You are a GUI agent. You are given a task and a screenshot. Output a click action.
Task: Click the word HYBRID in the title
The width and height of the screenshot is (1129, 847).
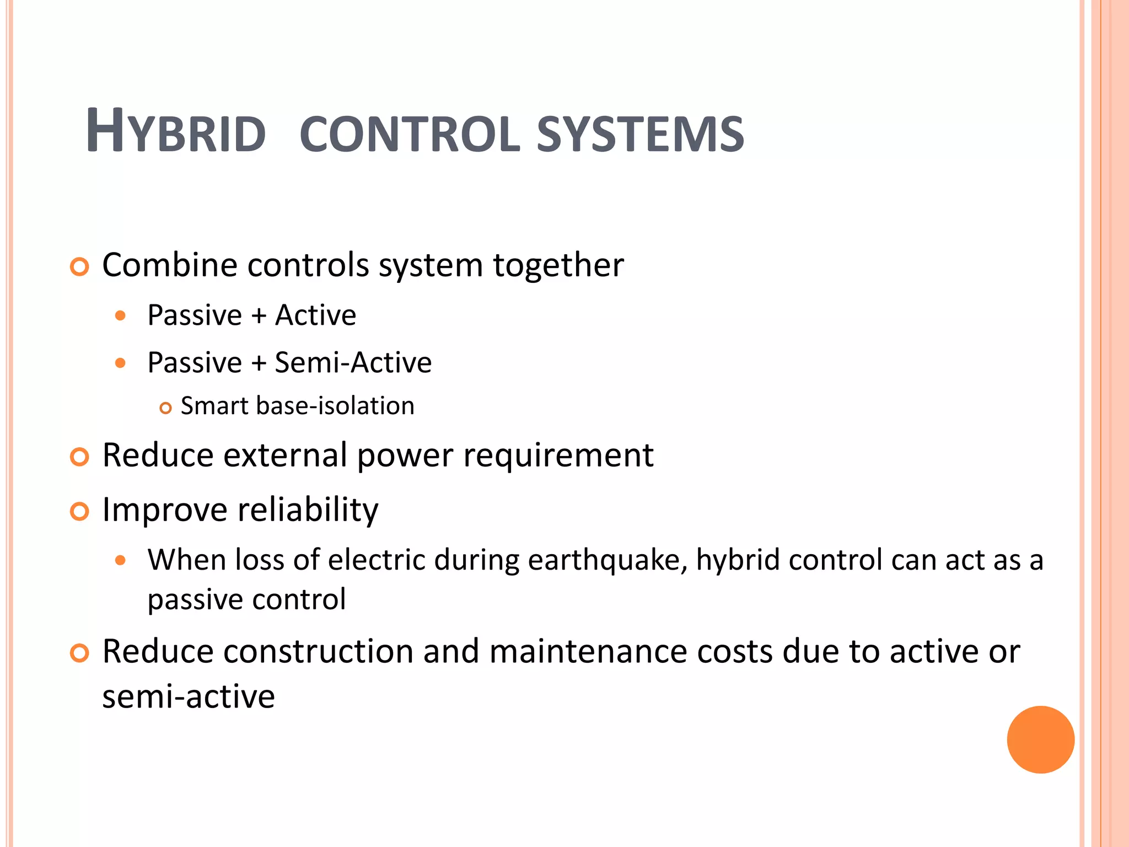click(176, 132)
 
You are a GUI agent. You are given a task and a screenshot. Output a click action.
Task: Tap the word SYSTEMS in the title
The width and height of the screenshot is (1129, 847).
click(640, 135)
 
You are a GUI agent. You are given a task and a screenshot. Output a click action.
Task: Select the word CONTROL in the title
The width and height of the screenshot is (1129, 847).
click(410, 135)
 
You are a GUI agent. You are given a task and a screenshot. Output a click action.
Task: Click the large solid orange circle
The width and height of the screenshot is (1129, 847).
click(1040, 739)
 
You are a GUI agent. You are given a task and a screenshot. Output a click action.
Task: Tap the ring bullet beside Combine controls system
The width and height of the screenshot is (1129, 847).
click(80, 267)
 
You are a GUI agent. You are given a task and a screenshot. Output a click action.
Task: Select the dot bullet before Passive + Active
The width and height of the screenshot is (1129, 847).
click(121, 316)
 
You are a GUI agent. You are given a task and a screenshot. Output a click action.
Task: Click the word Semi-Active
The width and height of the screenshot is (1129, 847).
click(353, 363)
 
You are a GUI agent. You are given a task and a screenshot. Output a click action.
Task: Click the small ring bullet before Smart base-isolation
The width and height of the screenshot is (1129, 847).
click(165, 409)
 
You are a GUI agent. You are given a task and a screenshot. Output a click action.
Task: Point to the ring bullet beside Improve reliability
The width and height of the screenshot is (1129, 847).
click(80, 512)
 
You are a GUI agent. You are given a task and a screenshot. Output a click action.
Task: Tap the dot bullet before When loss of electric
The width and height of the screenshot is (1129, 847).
click(121, 561)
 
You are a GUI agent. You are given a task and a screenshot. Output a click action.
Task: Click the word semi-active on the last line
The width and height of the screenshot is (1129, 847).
click(189, 696)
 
